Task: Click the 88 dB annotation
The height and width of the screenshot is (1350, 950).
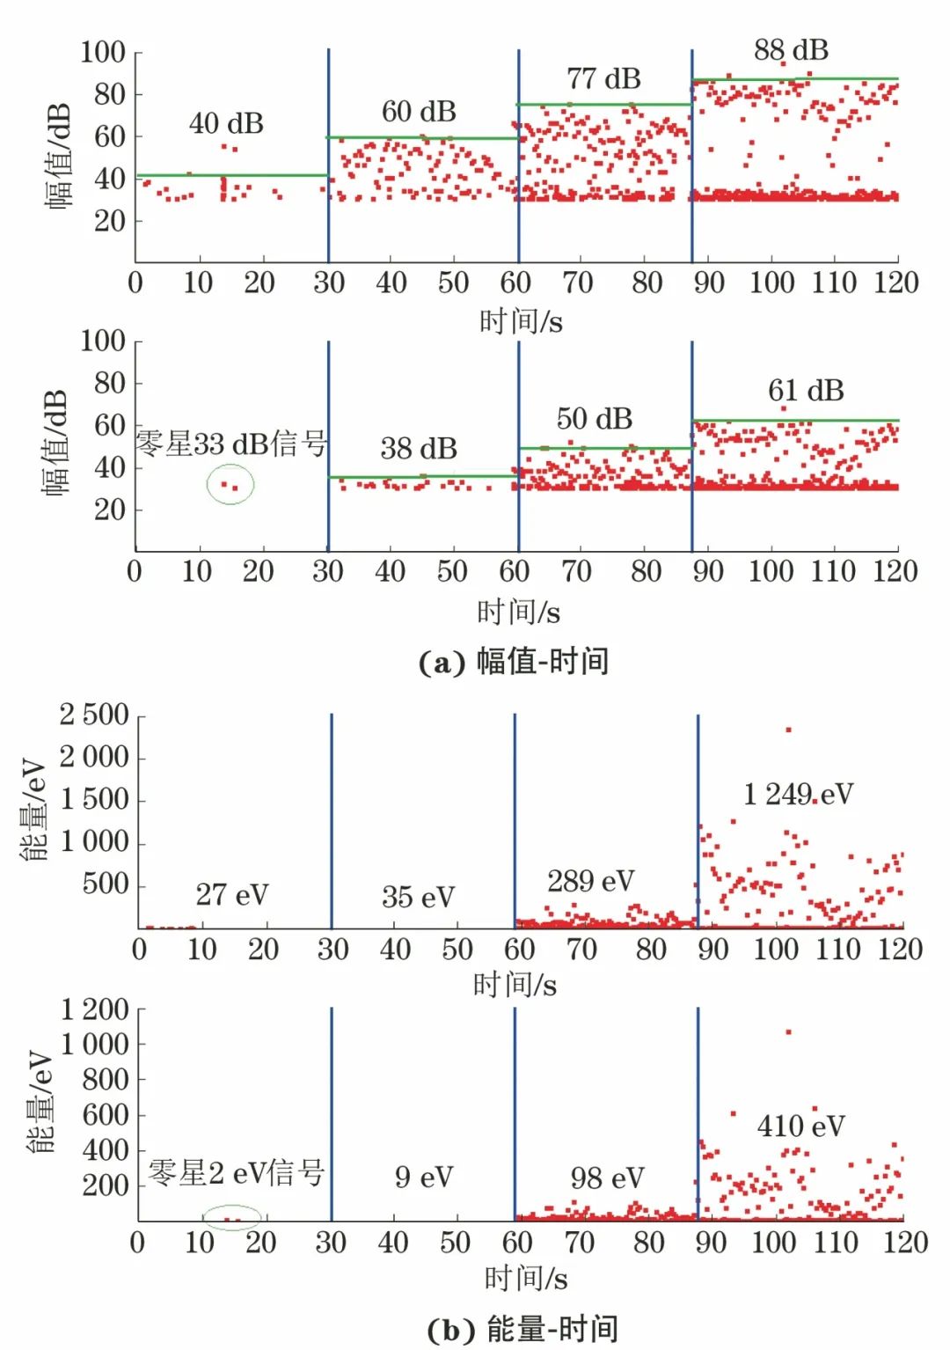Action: coord(791,50)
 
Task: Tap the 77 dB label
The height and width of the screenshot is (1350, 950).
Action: coord(603,79)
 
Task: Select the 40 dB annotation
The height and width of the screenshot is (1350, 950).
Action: coord(226,124)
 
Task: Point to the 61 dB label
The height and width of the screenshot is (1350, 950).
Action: coord(806,391)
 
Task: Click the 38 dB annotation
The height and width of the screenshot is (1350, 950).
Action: coord(419,449)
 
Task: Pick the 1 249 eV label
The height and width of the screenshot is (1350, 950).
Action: coord(798,795)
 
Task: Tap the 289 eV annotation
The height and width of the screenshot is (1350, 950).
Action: coord(590,881)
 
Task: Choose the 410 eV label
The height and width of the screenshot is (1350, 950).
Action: coord(800,1126)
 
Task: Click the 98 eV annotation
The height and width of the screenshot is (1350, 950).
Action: coord(607,1178)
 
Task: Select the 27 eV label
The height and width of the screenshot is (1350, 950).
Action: coord(231,895)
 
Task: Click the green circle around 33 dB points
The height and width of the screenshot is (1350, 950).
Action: coord(230,485)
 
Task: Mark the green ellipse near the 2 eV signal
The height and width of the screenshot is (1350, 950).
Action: coord(232,1218)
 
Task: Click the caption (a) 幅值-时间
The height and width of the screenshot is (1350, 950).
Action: coord(514,662)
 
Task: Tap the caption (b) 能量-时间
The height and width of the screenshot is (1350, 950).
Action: coord(522,1329)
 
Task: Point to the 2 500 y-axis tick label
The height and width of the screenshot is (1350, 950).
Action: coord(94,715)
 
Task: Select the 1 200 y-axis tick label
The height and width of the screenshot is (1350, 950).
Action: coord(95,1009)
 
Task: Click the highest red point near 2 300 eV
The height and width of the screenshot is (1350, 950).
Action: coord(788,730)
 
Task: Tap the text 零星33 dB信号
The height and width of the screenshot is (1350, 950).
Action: coord(231,444)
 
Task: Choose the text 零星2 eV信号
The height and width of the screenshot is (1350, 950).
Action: coord(237,1173)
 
